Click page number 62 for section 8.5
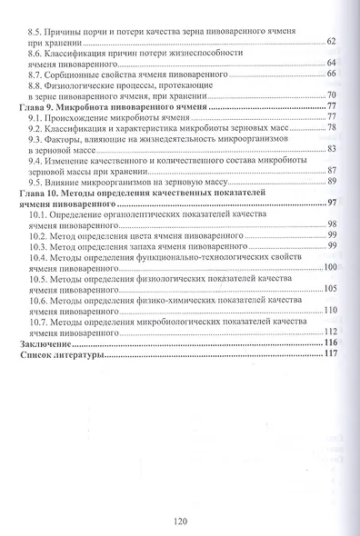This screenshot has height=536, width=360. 331,42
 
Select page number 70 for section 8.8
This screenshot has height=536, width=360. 332,95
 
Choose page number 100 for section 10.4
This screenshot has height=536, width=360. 329,268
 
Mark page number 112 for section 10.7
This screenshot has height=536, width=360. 329,333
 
